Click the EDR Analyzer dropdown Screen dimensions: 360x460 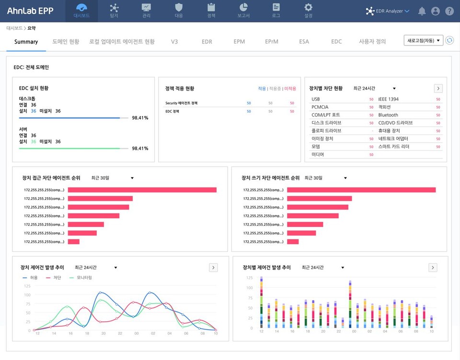coord(388,11)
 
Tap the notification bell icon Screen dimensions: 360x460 coord(422,11)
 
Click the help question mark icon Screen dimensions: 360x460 coord(449,11)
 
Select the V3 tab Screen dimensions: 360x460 coord(174,42)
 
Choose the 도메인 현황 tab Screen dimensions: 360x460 coord(66,42)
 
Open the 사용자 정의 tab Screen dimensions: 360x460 coord(372,42)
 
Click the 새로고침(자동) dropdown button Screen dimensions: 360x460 coord(423,41)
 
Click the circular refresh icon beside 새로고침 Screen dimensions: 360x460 coord(449,41)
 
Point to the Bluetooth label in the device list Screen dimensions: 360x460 coord(388,115)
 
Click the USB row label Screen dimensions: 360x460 coord(316,99)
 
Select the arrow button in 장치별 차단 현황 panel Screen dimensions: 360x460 coord(438,89)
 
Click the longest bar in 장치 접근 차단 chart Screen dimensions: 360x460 coord(142,190)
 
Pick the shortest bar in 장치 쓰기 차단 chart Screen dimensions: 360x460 coord(293,242)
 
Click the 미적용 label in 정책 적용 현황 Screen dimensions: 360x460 coord(290,89)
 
